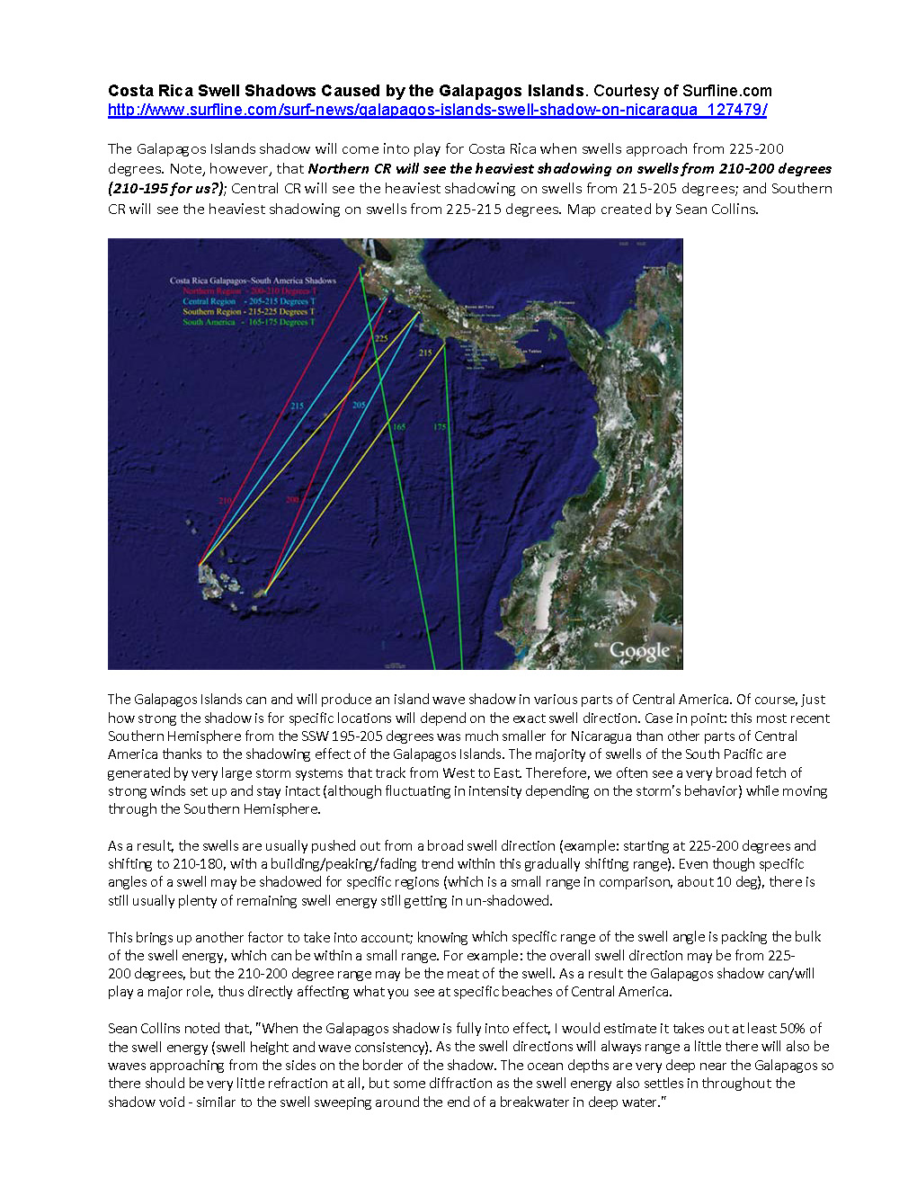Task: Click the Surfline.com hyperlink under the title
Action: pos(437,110)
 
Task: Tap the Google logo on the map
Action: pos(640,651)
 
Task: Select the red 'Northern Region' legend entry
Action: pos(249,291)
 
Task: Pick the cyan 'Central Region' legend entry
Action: pos(249,301)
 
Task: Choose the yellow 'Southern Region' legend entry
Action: pos(249,312)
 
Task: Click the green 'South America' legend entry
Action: pos(249,322)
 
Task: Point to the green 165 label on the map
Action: pos(398,427)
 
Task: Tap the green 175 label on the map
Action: pos(440,427)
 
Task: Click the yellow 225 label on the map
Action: pos(381,338)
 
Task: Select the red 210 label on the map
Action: pos(225,501)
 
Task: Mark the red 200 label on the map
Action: pos(292,500)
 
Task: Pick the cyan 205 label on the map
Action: pos(359,406)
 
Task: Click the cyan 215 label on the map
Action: pos(298,406)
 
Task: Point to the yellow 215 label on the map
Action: pos(425,353)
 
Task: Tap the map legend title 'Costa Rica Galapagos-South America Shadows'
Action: pos(253,281)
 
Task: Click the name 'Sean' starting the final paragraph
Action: pos(122,1028)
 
